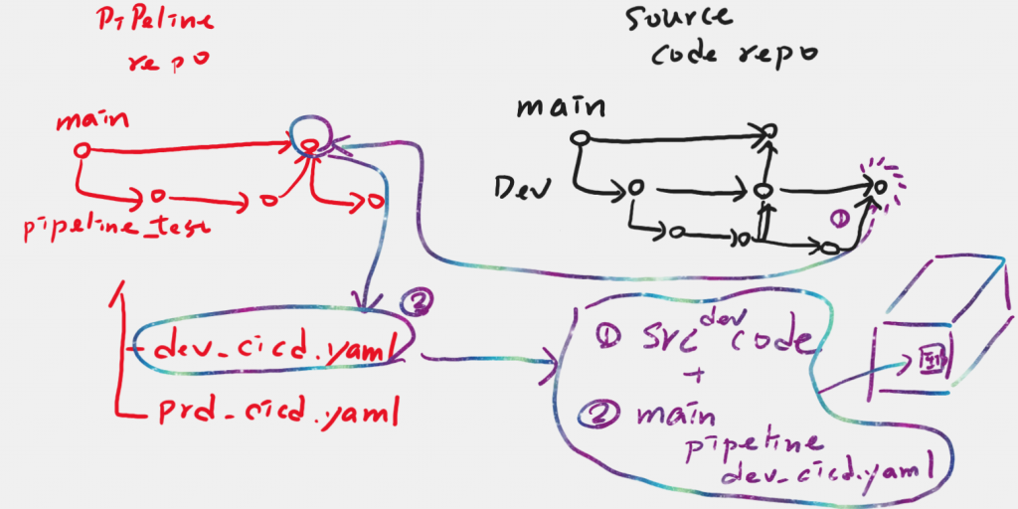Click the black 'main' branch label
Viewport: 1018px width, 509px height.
pyautogui.click(x=561, y=104)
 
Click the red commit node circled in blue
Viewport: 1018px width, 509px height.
pyautogui.click(x=309, y=146)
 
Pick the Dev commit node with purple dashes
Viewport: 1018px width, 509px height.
pyautogui.click(x=879, y=185)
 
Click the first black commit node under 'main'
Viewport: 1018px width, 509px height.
pyautogui.click(x=578, y=136)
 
